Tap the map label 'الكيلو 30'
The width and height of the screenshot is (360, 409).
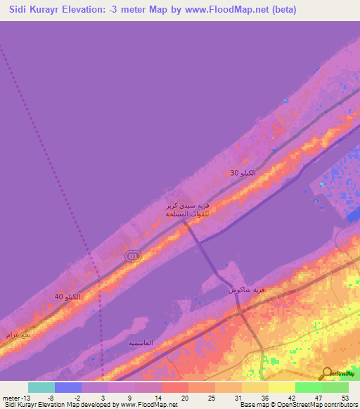[243, 172]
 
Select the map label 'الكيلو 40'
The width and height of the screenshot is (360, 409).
[67, 297]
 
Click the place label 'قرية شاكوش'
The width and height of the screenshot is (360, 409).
[247, 290]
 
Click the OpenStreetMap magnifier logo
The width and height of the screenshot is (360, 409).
[328, 374]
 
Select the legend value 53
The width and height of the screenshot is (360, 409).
[345, 397]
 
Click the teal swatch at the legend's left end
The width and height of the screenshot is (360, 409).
[41, 387]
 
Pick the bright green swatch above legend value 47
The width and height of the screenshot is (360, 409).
[309, 387]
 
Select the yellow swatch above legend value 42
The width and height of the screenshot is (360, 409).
[282, 387]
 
